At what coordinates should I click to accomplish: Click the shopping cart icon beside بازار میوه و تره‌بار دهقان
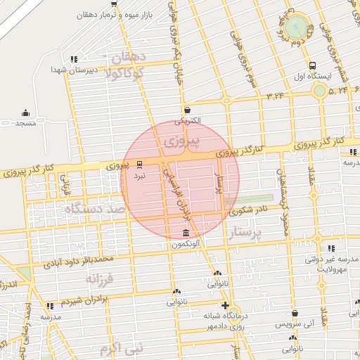[114, 4]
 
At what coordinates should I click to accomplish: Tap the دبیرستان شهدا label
[67, 70]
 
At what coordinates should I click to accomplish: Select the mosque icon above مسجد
[25, 112]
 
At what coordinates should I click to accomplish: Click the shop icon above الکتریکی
[187, 110]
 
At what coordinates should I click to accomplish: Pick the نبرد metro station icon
[139, 165]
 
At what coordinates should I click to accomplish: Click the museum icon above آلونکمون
[186, 233]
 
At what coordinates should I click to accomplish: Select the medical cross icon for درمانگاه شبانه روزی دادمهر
[224, 305]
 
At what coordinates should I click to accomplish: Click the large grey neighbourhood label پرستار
[245, 233]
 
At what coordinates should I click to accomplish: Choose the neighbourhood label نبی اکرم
[121, 347]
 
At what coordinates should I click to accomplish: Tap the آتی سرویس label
[295, 325]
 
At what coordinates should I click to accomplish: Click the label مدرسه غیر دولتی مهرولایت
[332, 264]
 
